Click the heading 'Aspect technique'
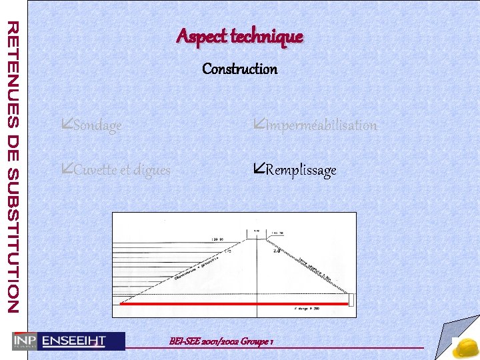239,37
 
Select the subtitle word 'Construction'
239,69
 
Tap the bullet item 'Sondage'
97,125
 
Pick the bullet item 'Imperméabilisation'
321,125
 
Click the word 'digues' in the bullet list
152,171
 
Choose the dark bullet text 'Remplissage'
301,170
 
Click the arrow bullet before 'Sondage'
66,125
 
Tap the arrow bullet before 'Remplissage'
259,169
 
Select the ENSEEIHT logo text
74,341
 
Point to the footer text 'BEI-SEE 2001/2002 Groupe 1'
221,341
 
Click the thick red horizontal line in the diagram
233,303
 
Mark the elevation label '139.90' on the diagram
217,238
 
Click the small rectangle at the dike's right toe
353,305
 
